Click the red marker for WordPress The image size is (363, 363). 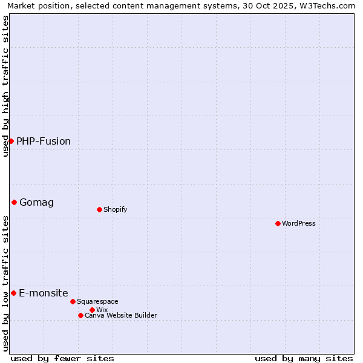click(278, 223)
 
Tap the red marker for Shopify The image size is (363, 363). click(99, 209)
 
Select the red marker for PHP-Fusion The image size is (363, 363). click(11, 141)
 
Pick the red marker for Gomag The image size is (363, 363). click(14, 202)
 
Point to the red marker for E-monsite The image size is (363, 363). click(13, 293)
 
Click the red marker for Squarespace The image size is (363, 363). click(73, 301)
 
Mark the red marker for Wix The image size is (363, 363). click(92, 310)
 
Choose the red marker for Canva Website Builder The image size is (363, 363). click(80, 315)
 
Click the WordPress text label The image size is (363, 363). click(299, 223)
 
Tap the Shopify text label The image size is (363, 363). click(115, 209)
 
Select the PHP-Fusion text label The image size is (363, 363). click(44, 141)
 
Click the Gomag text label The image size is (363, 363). click(36, 202)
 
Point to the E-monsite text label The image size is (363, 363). click(44, 293)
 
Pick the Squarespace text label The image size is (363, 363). click(97, 301)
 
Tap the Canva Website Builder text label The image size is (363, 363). click(121, 315)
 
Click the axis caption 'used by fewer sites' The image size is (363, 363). click(62, 358)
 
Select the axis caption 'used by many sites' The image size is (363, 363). click(304, 358)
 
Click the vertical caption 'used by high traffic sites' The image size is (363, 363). click(5, 86)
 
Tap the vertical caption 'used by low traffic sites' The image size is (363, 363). click(5, 283)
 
